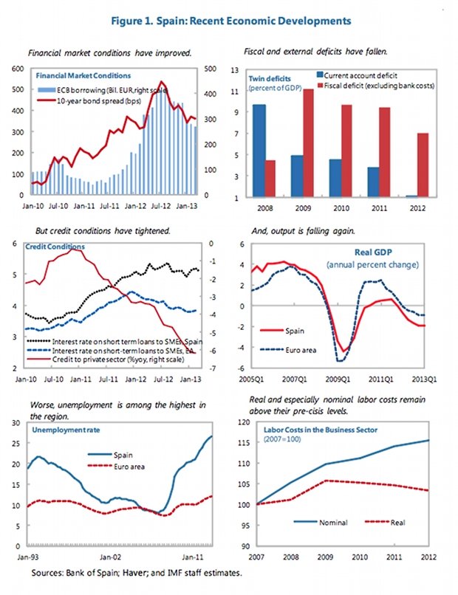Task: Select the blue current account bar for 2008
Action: [x=260, y=151]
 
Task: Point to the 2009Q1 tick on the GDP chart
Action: [x=339, y=379]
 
